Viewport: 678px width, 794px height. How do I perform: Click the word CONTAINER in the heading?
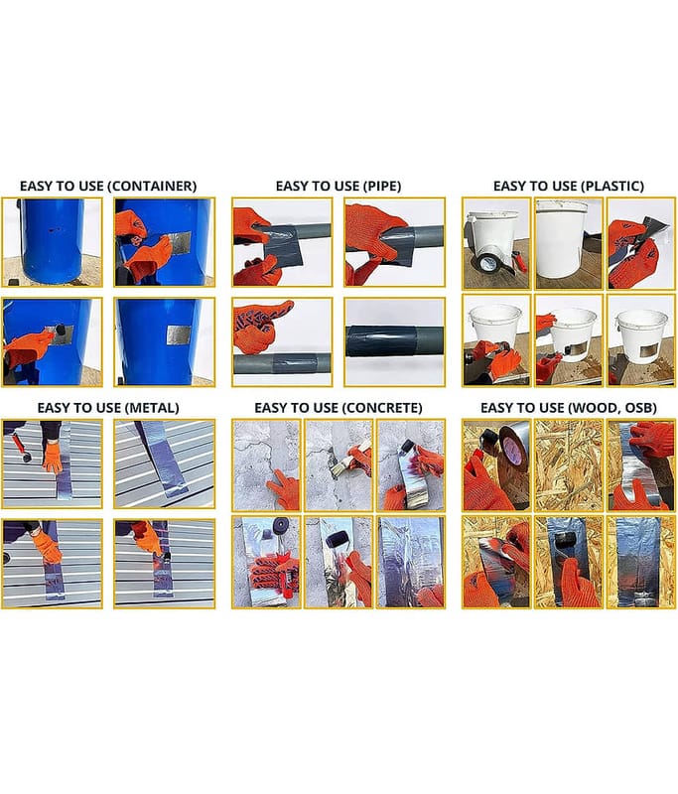pos(152,187)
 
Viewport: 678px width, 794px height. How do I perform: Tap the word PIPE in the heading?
pos(381,187)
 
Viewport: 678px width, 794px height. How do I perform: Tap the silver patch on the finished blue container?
pos(179,334)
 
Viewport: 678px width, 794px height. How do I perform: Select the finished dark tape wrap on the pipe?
pos(382,338)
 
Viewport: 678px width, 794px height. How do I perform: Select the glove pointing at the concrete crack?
pos(285,489)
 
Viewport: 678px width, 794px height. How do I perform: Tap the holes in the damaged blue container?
pos(55,230)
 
